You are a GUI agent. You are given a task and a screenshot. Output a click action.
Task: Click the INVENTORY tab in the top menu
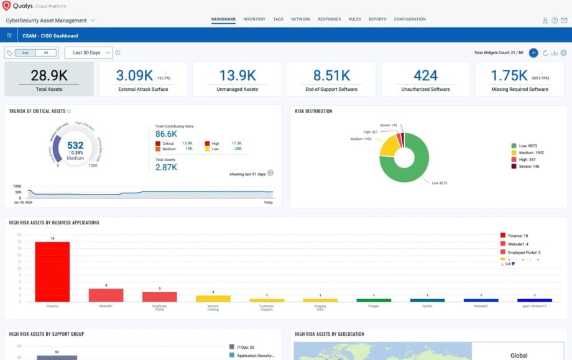(x=254, y=19)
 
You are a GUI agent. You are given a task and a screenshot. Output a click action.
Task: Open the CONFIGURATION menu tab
(x=410, y=19)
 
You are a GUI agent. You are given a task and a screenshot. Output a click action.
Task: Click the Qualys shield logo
(x=6, y=6)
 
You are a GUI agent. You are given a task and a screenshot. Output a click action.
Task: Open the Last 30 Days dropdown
(x=88, y=53)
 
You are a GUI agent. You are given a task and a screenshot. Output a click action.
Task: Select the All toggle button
(x=45, y=53)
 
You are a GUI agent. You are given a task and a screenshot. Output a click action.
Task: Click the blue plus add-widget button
(x=533, y=53)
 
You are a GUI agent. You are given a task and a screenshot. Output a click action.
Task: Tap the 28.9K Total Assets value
(x=49, y=76)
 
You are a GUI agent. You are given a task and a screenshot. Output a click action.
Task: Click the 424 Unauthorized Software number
(x=425, y=76)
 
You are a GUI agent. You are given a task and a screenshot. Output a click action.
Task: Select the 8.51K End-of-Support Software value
(x=331, y=76)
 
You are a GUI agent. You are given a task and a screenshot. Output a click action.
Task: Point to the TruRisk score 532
(x=75, y=145)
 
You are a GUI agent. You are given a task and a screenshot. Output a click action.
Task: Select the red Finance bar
(x=52, y=272)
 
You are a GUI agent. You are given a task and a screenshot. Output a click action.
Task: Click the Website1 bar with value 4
(x=106, y=295)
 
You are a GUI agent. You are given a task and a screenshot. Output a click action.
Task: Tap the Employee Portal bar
(x=159, y=297)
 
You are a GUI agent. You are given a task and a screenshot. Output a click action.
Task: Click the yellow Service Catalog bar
(x=213, y=298)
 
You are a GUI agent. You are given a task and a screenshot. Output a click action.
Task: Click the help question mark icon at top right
(x=555, y=20)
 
